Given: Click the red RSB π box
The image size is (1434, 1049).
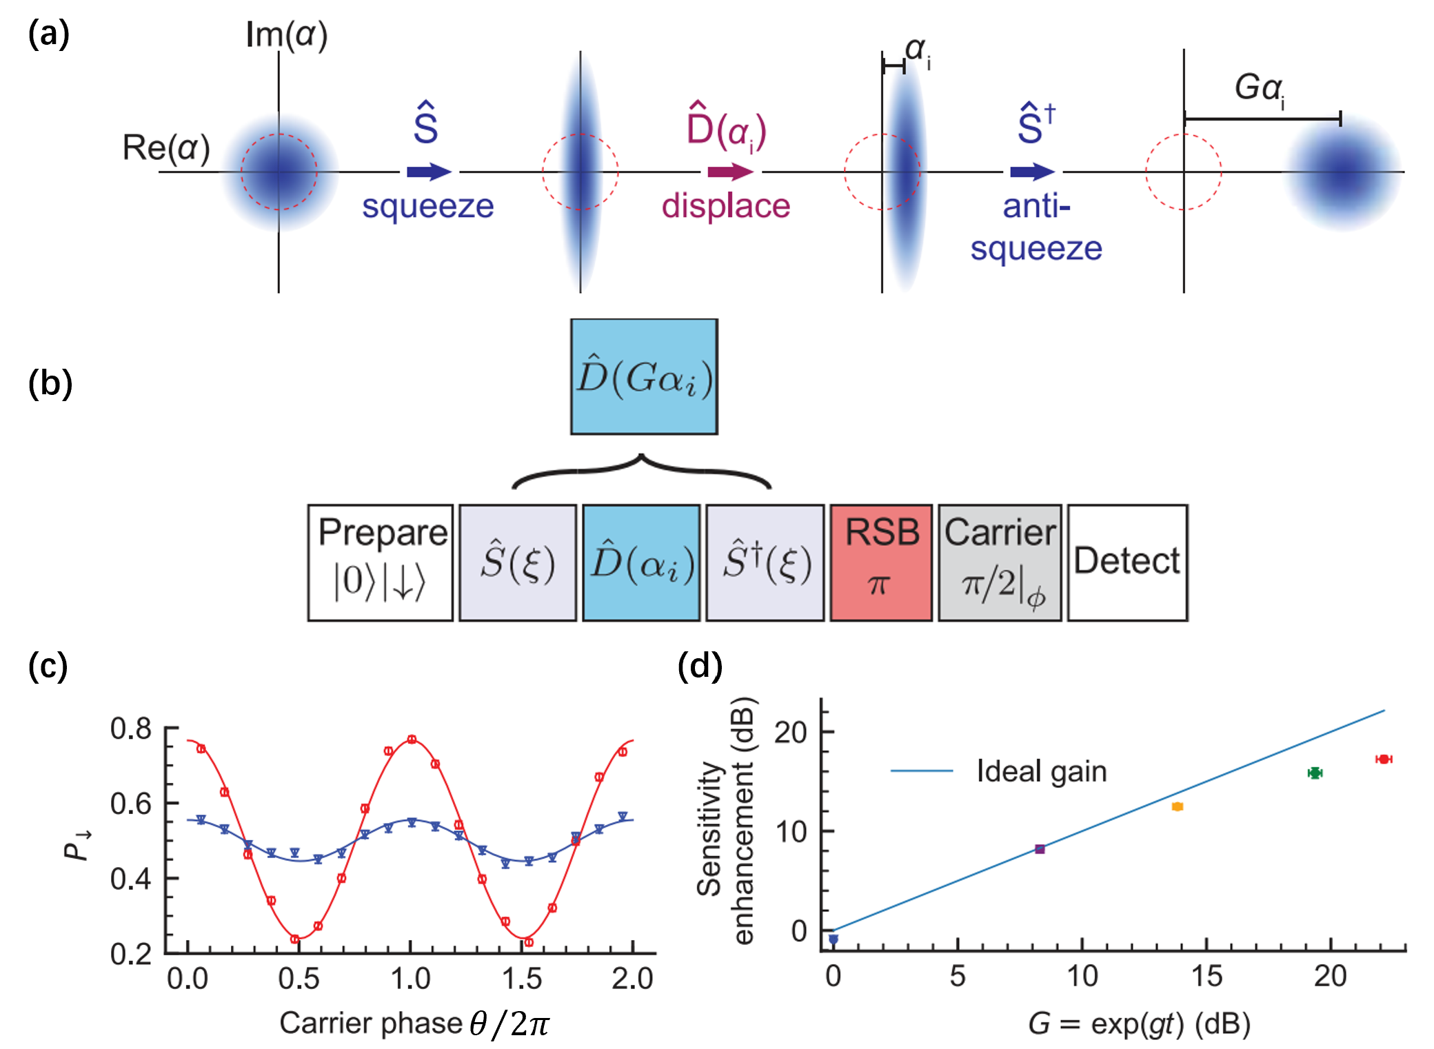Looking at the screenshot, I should tap(881, 562).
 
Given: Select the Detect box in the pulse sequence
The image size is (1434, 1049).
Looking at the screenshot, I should tap(1127, 562).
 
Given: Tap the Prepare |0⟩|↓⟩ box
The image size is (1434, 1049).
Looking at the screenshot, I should tap(381, 562).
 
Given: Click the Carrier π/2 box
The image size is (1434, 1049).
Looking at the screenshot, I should tap(1000, 562).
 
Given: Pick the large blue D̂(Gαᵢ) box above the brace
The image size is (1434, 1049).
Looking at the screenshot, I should tap(644, 376).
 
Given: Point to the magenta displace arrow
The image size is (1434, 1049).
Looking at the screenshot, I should tap(730, 172).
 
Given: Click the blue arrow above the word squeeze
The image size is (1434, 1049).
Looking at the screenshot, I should tap(429, 172).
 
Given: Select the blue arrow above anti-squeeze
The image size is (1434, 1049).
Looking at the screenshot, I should tap(1032, 172).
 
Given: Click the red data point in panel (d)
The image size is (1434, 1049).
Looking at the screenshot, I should tap(1383, 759).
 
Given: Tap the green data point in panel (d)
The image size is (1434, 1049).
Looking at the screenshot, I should tap(1315, 773).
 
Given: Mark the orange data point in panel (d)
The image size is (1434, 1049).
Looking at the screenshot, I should tap(1178, 806).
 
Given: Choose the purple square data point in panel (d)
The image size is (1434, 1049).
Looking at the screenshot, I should tap(1040, 849).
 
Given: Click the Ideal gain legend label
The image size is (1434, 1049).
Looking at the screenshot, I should tap(1041, 771).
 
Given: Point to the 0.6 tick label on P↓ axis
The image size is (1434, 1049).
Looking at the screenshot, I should tap(131, 804).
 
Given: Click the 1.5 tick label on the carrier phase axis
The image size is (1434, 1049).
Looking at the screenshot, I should tap(522, 979).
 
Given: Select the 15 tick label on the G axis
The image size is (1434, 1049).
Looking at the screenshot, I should tap(1206, 976).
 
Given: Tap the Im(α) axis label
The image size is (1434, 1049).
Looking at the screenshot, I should tap(286, 34).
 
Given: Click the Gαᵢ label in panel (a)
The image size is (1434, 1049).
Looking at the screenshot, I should tap(1260, 88).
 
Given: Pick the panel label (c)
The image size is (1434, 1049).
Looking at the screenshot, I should tap(48, 666).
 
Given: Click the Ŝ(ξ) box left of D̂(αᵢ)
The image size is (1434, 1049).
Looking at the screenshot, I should tap(518, 562).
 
